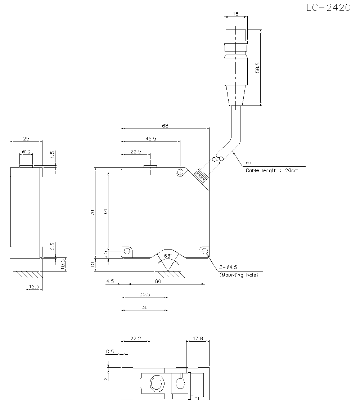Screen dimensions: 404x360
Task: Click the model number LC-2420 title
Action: [x=328, y=8]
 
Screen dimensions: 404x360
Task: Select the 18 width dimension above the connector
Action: [x=235, y=14]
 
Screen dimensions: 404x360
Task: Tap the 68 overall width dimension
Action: [x=165, y=126]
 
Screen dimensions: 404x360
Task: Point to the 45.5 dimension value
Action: [x=150, y=139]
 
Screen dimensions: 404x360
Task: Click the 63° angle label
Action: [x=168, y=256]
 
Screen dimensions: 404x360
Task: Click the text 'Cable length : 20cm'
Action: [x=272, y=170]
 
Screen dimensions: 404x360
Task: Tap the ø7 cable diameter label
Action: [x=248, y=163]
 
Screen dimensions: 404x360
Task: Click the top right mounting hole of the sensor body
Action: [x=180, y=172]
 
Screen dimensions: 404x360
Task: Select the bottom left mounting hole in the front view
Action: [x=127, y=251]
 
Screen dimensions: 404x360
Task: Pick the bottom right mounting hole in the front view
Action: [x=205, y=251]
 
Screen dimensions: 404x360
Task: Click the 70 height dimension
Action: [x=93, y=212]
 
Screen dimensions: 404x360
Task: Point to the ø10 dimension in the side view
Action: [x=26, y=152]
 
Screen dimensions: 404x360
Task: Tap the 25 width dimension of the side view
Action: [x=26, y=138]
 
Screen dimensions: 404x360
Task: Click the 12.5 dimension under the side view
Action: [x=35, y=287]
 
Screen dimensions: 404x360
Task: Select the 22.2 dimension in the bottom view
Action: [x=135, y=339]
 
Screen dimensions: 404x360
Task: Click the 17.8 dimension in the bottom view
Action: [x=198, y=339]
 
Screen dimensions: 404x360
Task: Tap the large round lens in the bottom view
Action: [x=157, y=384]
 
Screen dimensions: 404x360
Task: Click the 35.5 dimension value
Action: [x=145, y=294]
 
